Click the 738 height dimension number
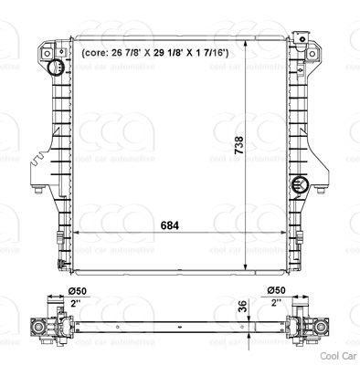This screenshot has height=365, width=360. point(239,145)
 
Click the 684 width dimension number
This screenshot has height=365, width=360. point(169,225)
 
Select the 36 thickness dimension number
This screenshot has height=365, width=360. point(242,307)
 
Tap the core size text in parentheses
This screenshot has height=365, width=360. point(155,53)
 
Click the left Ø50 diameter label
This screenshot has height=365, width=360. point(78,291)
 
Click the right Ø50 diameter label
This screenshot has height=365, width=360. point(276,290)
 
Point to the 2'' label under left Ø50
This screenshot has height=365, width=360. point(76,303)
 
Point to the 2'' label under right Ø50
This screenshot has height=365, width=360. point(276,303)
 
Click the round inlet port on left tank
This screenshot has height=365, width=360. point(55,68)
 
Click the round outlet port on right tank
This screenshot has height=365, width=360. point(300,184)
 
